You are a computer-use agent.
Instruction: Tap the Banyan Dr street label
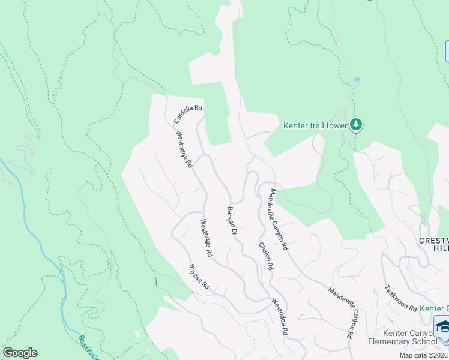[x=232, y=220]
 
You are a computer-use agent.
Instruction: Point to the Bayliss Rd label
[x=199, y=277]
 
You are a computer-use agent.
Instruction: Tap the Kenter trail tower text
[x=315, y=125]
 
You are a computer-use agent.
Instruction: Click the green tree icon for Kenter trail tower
[x=357, y=125]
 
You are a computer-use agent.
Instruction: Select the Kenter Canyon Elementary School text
[x=410, y=337]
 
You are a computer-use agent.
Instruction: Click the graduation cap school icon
[x=443, y=327]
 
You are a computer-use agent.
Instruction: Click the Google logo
[x=20, y=353]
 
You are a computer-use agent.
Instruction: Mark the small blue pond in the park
[x=357, y=79]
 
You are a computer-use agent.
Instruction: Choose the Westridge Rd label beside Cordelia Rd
[x=184, y=149]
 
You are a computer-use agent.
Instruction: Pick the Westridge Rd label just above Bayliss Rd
[x=205, y=238]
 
